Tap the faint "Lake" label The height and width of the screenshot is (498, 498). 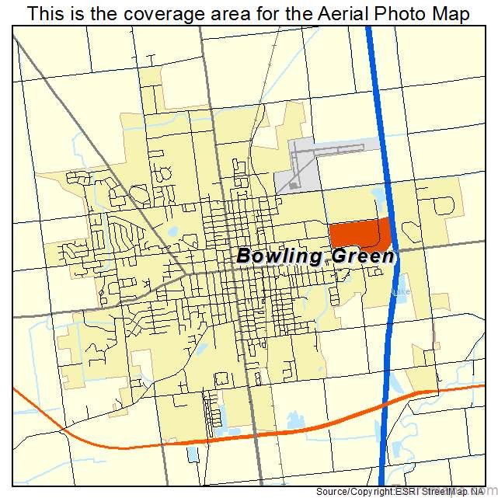pyautogui.click(x=401, y=293)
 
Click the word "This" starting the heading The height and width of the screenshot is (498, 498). pyautogui.click(x=46, y=14)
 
